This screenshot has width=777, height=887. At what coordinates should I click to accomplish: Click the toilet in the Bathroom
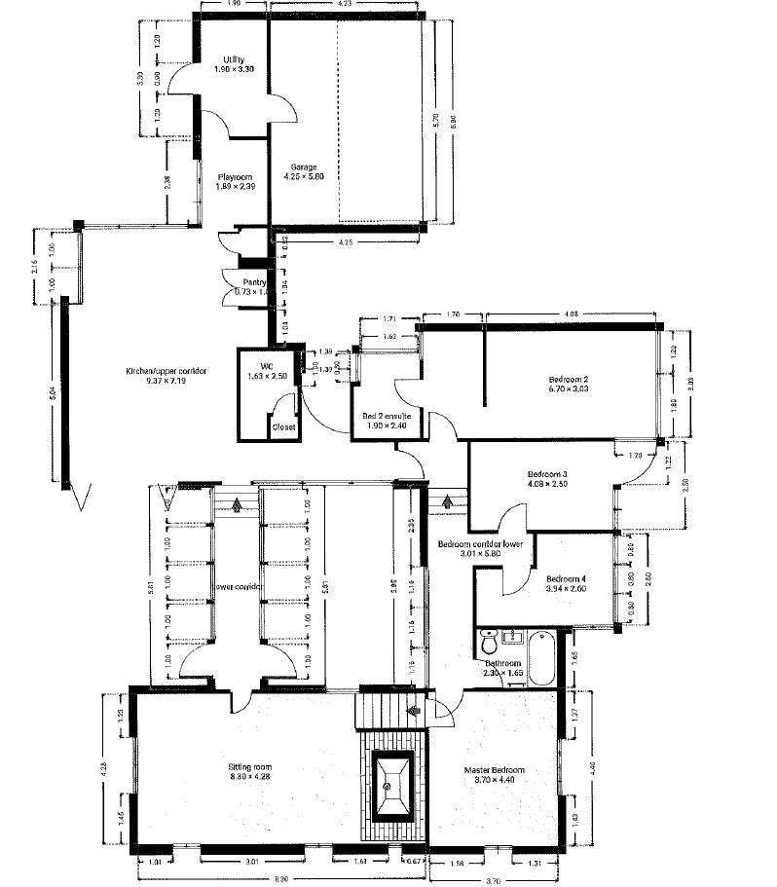pos(489,644)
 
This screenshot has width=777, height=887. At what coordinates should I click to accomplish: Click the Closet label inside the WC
pos(284,426)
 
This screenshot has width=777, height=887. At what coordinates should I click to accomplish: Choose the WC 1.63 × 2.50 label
pos(265,370)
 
